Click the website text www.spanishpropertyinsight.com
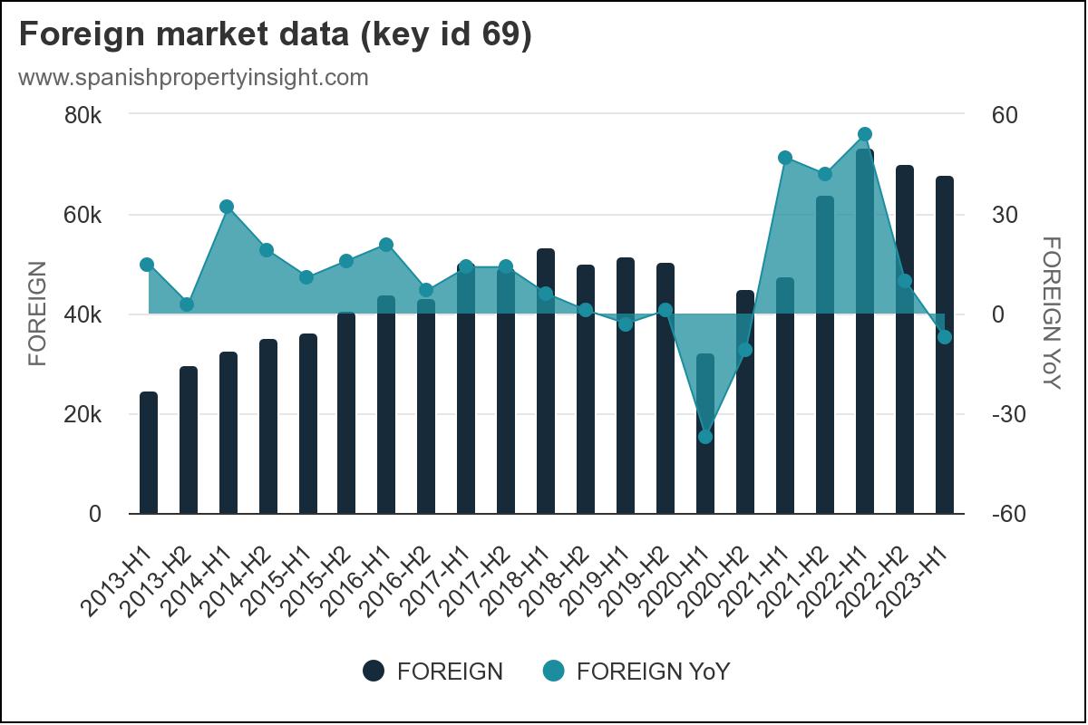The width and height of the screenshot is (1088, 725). tap(193, 77)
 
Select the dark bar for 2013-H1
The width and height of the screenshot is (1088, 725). tap(149, 453)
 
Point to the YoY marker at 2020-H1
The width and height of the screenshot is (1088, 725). tap(705, 437)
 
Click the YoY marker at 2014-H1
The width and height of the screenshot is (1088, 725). tap(228, 207)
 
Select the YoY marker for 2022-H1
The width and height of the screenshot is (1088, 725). tap(865, 134)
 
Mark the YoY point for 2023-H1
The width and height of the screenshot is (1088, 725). tap(945, 337)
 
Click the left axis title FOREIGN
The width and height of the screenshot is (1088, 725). tap(37, 314)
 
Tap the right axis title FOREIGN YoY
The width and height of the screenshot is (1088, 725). tap(1050, 314)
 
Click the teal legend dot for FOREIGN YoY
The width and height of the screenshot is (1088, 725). tap(553, 671)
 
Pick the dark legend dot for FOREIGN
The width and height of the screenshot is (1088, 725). tap(374, 671)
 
